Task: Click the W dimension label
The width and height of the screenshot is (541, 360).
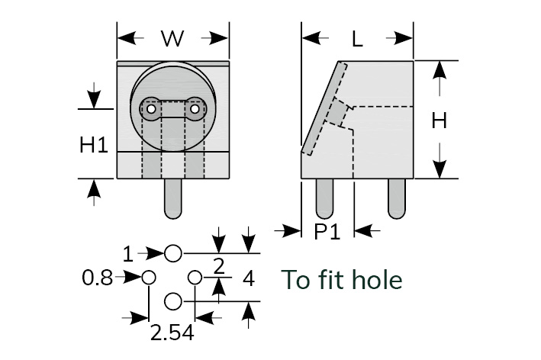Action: (173, 39)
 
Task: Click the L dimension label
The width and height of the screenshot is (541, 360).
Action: (357, 39)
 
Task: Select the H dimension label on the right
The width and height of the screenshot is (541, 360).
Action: (439, 120)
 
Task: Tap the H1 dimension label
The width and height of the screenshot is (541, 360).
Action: (94, 146)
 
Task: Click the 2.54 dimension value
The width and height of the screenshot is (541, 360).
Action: (172, 333)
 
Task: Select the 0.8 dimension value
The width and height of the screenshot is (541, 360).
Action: (97, 278)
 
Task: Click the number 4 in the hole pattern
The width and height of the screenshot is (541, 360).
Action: (248, 278)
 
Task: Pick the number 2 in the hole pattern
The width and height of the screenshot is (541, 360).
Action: (219, 266)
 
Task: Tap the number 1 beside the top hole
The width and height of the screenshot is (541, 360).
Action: (128, 252)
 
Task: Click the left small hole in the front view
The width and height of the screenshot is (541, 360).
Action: (152, 110)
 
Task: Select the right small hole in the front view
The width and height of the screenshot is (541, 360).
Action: (195, 110)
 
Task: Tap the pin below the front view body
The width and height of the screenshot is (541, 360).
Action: (173, 198)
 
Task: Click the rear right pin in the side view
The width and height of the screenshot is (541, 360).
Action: (396, 198)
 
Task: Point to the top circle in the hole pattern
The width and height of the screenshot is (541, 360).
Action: (173, 252)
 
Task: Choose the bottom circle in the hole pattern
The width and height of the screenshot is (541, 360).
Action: (173, 301)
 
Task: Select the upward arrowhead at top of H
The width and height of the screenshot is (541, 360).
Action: (439, 69)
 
